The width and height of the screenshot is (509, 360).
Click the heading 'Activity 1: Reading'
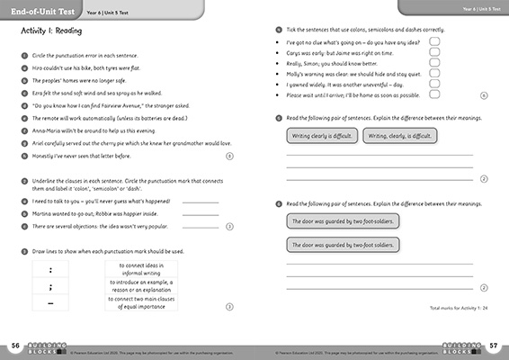pyautogui.click(x=49, y=31)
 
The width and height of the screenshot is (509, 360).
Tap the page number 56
pyautogui.click(x=15, y=345)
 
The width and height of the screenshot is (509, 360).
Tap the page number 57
pyautogui.click(x=493, y=345)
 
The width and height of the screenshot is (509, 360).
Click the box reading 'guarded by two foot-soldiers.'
pyautogui.click(x=343, y=220)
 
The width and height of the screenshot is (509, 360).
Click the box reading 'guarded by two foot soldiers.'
pyautogui.click(x=343, y=244)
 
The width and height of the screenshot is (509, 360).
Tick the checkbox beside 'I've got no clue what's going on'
pyautogui.click(x=434, y=41)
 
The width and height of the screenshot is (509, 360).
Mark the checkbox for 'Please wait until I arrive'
pyautogui.click(x=434, y=94)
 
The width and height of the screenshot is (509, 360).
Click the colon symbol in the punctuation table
pyautogui.click(x=50, y=270)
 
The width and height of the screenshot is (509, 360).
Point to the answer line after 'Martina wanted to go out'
pyautogui.click(x=200, y=214)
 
